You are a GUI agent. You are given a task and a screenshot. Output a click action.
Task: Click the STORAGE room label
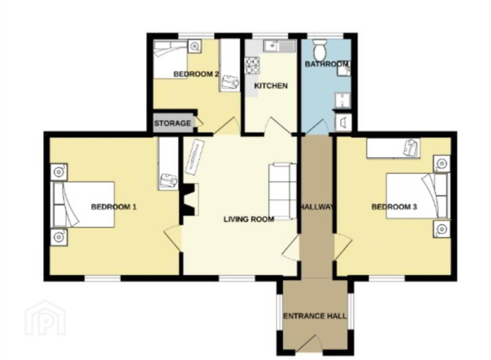click(172, 123)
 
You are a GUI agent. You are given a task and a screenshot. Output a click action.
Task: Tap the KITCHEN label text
click(271, 86)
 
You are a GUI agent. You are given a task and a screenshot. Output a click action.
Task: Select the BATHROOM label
click(326, 64)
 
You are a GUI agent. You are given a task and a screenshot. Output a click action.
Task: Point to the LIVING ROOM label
click(249, 219)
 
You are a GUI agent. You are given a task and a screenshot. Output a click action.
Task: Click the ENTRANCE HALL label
click(315, 316)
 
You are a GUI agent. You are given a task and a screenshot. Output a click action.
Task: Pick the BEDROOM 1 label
click(114, 207)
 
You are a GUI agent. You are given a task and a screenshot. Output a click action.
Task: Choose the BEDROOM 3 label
click(394, 207)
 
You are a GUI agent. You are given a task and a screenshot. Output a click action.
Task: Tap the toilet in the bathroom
click(320, 50)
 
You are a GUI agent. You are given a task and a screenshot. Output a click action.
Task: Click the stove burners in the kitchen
click(252, 65)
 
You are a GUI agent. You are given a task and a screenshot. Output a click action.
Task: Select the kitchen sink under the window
click(280, 46)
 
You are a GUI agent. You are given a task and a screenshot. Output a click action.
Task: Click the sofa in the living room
click(282, 191)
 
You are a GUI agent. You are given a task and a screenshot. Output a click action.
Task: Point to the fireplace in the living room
click(190, 200)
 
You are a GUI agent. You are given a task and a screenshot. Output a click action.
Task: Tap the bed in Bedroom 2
click(170, 59)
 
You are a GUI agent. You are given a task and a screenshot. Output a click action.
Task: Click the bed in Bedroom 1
click(83, 204)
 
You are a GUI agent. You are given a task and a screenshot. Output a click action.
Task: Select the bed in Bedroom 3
click(418, 195)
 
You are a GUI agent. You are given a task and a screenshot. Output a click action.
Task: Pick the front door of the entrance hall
click(308, 344)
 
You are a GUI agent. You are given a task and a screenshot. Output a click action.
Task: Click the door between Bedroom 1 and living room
click(173, 239)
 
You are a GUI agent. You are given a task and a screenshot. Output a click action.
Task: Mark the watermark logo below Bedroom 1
click(46, 318)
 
